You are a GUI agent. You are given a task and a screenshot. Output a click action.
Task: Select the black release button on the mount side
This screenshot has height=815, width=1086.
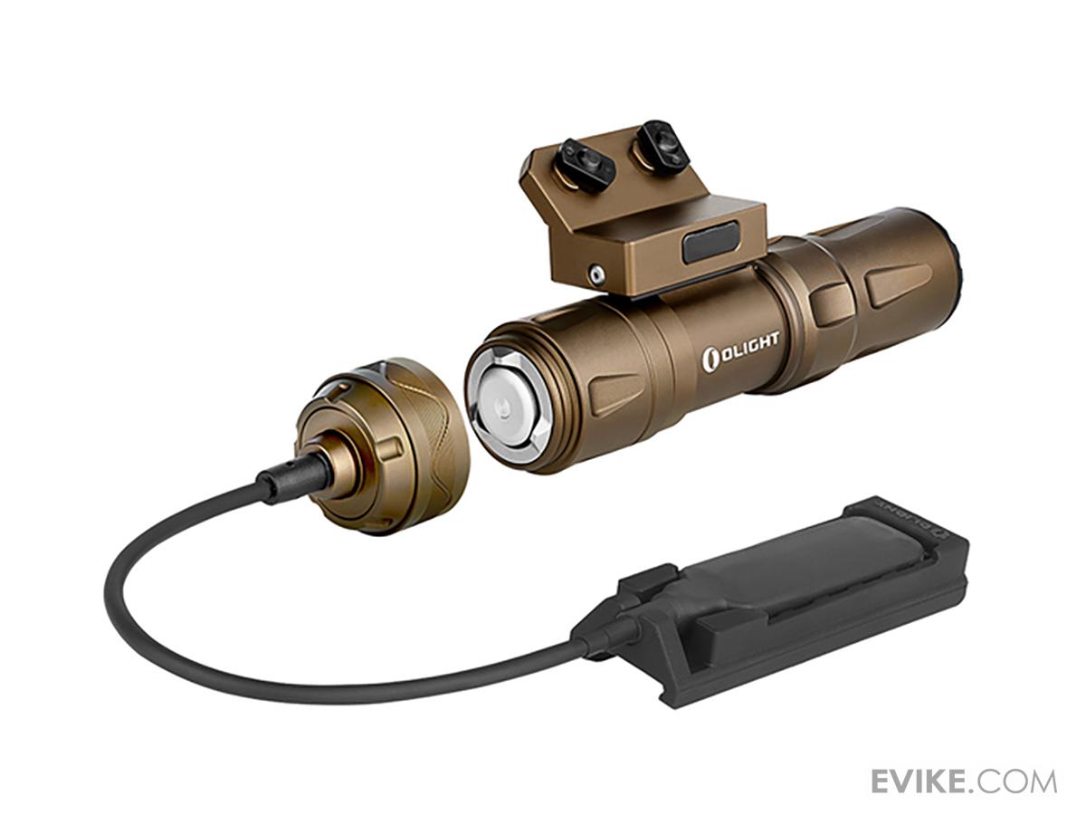tap(710, 242)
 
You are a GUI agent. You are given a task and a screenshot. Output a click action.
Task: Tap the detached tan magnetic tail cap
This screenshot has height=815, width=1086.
tap(398, 444)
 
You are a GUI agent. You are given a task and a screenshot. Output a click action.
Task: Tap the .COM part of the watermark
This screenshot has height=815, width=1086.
tap(1019, 781)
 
